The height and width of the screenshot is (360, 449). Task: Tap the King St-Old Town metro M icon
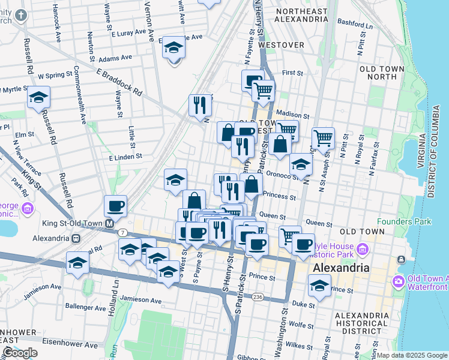110,223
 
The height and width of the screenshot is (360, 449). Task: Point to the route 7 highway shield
122,232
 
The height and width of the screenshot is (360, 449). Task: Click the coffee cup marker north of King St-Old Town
115,206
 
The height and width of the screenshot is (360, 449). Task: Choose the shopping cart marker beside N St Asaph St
323,139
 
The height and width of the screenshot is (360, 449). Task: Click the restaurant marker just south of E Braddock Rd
200,105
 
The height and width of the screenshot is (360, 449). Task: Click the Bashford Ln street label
355,26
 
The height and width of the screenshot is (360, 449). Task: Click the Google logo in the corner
20,353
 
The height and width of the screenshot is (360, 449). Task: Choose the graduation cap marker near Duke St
319,286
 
